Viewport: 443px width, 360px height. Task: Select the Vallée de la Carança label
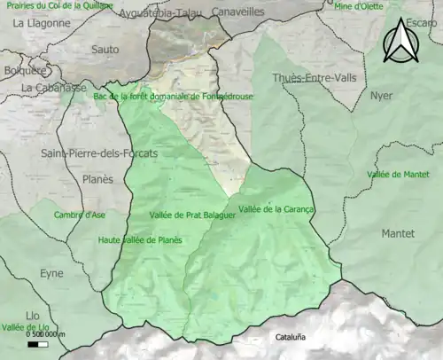pyautogui.click(x=277, y=209)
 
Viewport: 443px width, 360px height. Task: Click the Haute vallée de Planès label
pyautogui.click(x=140, y=239)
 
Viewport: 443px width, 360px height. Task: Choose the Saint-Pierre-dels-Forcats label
pyautogui.click(x=88, y=153)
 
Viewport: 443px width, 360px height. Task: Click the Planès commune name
pyautogui.click(x=97, y=179)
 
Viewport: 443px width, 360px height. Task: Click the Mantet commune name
pyautogui.click(x=397, y=235)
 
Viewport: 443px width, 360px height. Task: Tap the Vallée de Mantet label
pyautogui.click(x=396, y=175)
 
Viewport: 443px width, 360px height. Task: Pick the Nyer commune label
pyautogui.click(x=381, y=95)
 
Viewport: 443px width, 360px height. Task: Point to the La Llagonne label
pyautogui.click(x=41, y=24)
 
